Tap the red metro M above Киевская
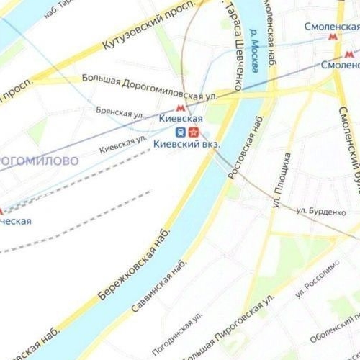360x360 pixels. pos(181,107)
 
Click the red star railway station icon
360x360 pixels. pos(194,132)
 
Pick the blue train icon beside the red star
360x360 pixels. pos(181,132)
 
